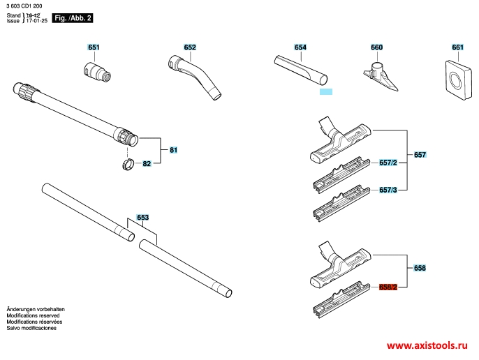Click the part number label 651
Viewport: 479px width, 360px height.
[94, 47]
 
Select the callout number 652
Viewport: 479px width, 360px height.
[190, 47]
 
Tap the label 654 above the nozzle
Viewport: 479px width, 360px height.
[300, 47]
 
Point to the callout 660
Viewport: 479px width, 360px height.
[376, 47]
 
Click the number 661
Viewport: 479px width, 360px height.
[457, 47]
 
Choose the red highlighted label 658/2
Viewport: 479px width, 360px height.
[388, 287]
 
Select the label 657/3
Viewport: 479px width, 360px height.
[388, 190]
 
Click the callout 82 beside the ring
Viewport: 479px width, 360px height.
[147, 164]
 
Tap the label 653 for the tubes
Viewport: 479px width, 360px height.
[142, 218]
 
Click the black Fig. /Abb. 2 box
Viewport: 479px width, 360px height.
[73, 18]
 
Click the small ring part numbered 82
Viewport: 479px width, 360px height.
[128, 164]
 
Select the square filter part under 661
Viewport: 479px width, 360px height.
[459, 80]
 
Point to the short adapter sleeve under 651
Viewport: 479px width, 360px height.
[97, 72]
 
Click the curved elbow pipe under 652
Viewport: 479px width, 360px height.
[195, 77]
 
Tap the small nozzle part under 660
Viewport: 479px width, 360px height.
[381, 76]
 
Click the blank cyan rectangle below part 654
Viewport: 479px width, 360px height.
[326, 91]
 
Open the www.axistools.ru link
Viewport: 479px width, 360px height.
[427, 345]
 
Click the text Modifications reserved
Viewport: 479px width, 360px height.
[33, 315]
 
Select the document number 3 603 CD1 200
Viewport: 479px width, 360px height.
[24, 6]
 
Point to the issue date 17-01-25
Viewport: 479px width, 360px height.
[36, 21]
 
